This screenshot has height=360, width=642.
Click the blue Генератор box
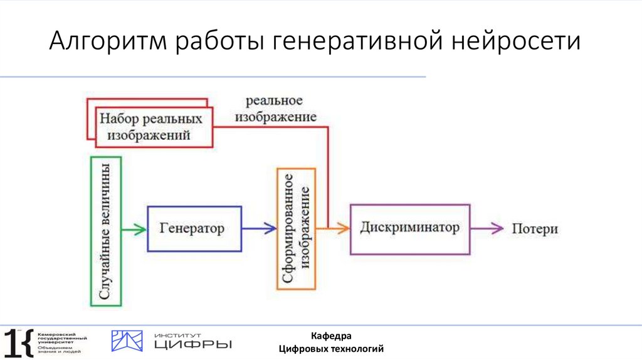[x=194, y=229]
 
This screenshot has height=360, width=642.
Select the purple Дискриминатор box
[x=409, y=228]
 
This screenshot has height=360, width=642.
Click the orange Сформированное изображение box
[x=296, y=228]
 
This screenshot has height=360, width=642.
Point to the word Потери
[x=534, y=229]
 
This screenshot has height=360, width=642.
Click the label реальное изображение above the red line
[x=274, y=109]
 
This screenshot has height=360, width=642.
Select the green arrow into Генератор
[x=134, y=230]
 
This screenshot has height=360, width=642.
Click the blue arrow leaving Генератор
[x=259, y=230]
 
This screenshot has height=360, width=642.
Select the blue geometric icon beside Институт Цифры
[x=127, y=341]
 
